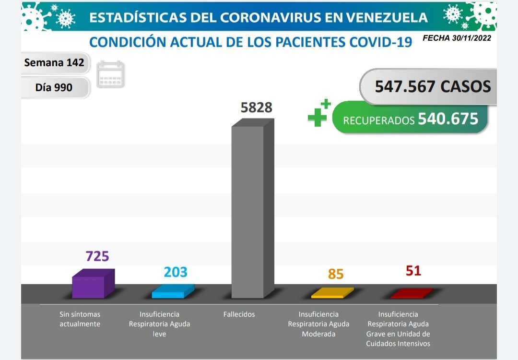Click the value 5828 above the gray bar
coord(256,108)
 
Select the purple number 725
coord(97,256)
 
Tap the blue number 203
coord(176,272)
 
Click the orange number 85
coord(336,274)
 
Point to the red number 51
coord(413,271)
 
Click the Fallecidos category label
coord(239,314)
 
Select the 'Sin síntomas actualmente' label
coord(80,319)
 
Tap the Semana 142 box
coord(54,62)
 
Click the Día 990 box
coord(54,87)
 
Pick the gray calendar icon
coord(110,75)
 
